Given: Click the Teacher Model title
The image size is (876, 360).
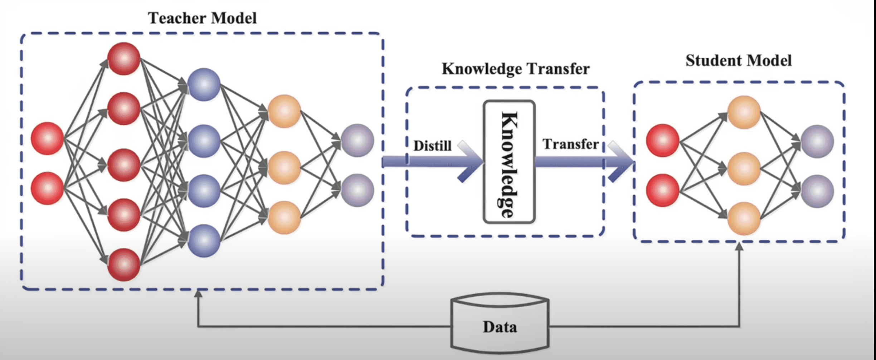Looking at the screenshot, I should pyautogui.click(x=202, y=18).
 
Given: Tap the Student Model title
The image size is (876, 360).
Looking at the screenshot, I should pyautogui.click(x=738, y=60).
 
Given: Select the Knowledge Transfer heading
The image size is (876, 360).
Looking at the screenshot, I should pyautogui.click(x=515, y=69).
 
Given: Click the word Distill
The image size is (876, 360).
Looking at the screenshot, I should pyautogui.click(x=432, y=146).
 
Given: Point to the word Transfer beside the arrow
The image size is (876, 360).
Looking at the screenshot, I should pyautogui.click(x=570, y=144).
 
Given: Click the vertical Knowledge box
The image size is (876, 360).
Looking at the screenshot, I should pyautogui.click(x=509, y=162).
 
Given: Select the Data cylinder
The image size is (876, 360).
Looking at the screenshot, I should pyautogui.click(x=500, y=324).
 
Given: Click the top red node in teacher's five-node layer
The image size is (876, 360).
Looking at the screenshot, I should pyautogui.click(x=124, y=59).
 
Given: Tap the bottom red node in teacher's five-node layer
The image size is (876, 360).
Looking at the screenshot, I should pyautogui.click(x=124, y=264).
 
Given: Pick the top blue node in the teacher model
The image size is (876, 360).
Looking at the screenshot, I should pyautogui.click(x=204, y=84).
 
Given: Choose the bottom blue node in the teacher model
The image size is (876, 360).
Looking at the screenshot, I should pyautogui.click(x=204, y=240).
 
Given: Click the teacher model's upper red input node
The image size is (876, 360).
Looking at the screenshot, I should pyautogui.click(x=47, y=138).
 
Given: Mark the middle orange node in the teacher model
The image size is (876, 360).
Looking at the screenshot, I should pyautogui.click(x=284, y=167).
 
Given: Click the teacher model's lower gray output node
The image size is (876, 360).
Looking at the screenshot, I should pyautogui.click(x=357, y=190).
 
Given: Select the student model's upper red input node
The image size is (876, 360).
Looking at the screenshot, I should pyautogui.click(x=662, y=140).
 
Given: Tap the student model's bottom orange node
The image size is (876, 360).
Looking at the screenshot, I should pyautogui.click(x=744, y=218).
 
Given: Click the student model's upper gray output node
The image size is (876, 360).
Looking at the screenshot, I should pyautogui.click(x=817, y=141).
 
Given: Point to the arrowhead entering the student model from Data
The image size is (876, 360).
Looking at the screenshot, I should pyautogui.click(x=739, y=247).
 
